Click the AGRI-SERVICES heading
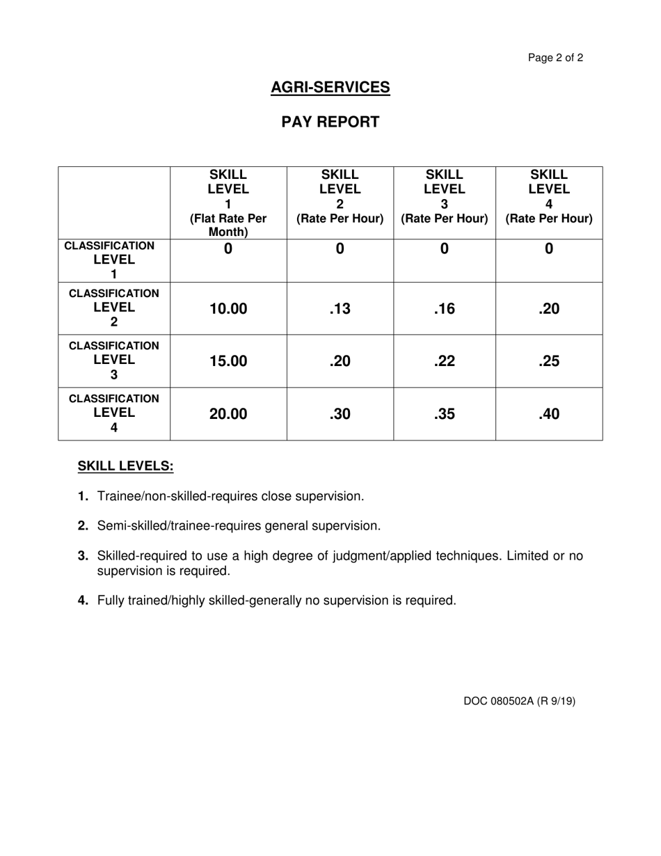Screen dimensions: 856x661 (x=330, y=88)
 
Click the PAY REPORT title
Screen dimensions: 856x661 (x=330, y=122)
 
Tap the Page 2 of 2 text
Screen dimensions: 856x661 (x=555, y=58)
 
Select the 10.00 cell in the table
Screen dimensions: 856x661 (x=228, y=309)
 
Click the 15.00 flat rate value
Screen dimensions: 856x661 (x=228, y=361)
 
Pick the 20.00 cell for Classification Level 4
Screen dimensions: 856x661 (x=228, y=414)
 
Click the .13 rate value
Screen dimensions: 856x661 (x=340, y=309)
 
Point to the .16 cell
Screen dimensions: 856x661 (x=444, y=309)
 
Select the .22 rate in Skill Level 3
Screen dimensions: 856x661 (x=444, y=361)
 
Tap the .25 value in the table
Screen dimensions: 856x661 (x=548, y=361)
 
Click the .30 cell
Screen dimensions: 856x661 (x=340, y=414)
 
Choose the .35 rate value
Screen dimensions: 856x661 (x=444, y=414)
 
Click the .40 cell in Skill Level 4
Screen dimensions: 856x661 (x=548, y=414)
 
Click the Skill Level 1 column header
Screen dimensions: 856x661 (x=228, y=203)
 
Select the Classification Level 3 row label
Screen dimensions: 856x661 (x=114, y=360)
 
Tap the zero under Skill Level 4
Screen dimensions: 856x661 (x=548, y=248)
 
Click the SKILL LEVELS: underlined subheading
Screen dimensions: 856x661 (x=125, y=466)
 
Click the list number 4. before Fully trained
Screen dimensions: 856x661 (x=83, y=601)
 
